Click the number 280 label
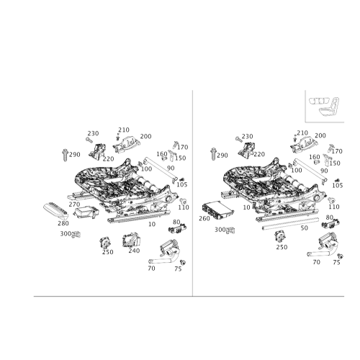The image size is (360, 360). click(x=63, y=223)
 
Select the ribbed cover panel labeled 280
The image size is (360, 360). click(x=55, y=211)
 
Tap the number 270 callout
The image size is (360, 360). click(x=74, y=204)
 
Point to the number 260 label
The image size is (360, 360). click(x=204, y=218)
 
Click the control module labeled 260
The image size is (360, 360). click(x=217, y=210)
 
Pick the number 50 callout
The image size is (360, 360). click(x=304, y=228)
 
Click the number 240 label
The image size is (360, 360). click(x=134, y=251)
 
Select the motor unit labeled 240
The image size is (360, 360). click(x=131, y=240)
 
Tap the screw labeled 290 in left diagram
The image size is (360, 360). click(x=65, y=155)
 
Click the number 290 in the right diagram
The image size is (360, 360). click(x=222, y=156)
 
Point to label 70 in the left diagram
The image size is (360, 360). click(x=151, y=268)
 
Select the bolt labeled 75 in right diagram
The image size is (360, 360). click(x=340, y=256)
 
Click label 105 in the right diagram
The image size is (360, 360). click(x=338, y=185)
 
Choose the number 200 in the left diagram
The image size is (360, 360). click(x=145, y=136)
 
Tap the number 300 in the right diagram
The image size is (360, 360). click(x=220, y=230)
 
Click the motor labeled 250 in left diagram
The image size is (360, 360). click(x=105, y=243)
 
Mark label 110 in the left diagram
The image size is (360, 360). click(x=184, y=207)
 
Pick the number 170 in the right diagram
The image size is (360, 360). click(x=337, y=151)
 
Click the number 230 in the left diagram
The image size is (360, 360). click(x=93, y=133)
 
